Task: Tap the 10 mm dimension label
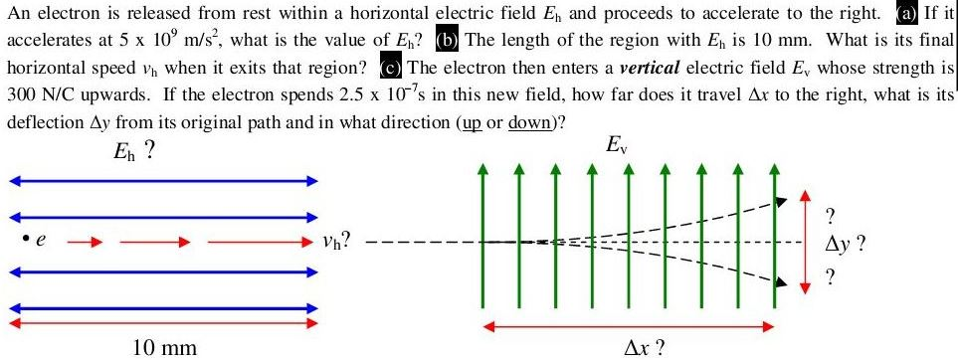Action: point(165,347)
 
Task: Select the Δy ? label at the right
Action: point(846,241)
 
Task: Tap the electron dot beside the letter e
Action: point(20,239)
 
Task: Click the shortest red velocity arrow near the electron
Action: point(85,240)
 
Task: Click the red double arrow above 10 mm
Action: point(163,323)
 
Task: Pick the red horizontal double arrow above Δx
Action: point(629,324)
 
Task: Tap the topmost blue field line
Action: point(163,181)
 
